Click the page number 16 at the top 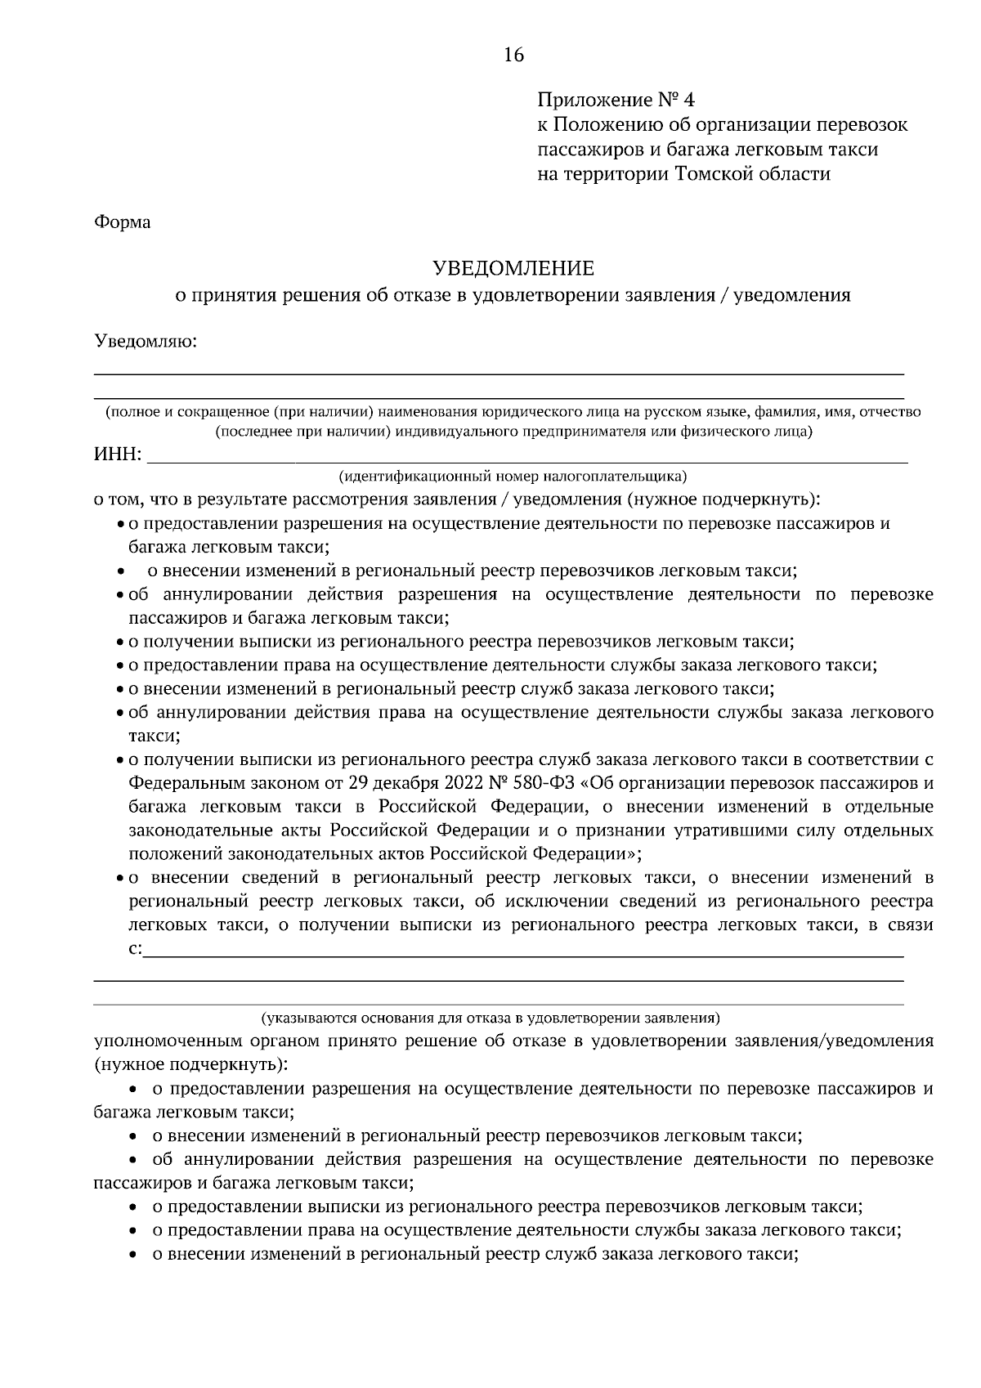point(513,56)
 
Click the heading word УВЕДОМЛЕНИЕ point(513,269)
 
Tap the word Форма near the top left point(123,222)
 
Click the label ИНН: point(119,454)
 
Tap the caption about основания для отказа point(490,1019)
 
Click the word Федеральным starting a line point(181,783)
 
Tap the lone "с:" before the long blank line point(135,949)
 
